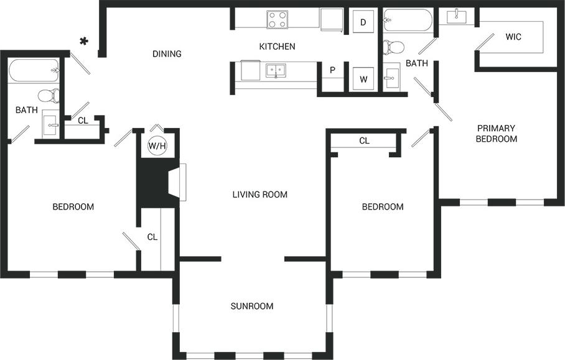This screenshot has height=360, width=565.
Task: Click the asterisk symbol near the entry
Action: [x=84, y=41]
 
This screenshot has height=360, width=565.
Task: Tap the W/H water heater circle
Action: [x=157, y=146]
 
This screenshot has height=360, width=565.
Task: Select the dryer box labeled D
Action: [x=363, y=23]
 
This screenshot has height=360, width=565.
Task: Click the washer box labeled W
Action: [x=363, y=79]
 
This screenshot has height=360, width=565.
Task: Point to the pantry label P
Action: [x=332, y=70]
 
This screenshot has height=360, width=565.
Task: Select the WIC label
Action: [x=513, y=37]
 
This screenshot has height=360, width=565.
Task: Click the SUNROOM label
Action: [x=252, y=306]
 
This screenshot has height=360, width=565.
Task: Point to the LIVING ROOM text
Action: [x=259, y=195]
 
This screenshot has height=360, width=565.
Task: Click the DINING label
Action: [x=167, y=54]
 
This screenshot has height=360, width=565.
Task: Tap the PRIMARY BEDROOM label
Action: [x=496, y=134]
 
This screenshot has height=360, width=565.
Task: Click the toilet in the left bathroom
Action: [x=48, y=96]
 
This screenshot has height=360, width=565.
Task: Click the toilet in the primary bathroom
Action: [x=393, y=47]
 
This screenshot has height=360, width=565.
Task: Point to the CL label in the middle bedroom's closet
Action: [x=364, y=141]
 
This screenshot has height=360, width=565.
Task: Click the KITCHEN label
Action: [x=277, y=47]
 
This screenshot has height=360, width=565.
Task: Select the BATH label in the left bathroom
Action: [x=26, y=110]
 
